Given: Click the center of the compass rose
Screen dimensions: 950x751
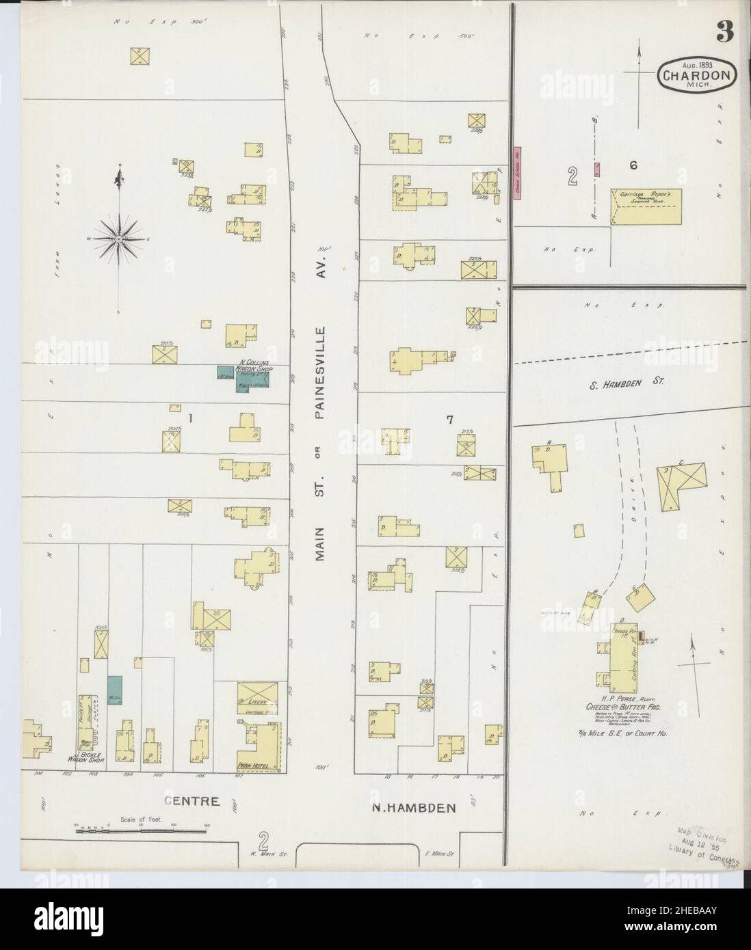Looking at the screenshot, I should click(x=119, y=239).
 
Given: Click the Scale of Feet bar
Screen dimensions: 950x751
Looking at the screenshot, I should click(x=140, y=830).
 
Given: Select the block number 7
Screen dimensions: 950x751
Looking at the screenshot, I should click(x=449, y=420).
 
